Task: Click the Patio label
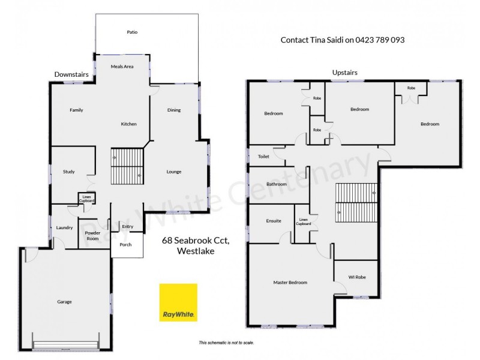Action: pos(132,32)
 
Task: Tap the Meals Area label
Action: pos(122,66)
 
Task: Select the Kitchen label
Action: pos(129,124)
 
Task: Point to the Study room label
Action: pos(69,172)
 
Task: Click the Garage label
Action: pos(65,301)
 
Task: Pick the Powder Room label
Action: pos(92,235)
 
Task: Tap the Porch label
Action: pos(126,245)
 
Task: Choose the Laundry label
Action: pos(64,227)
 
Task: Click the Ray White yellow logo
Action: pos(178,302)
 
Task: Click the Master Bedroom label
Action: pos(290,283)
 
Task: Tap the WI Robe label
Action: pos(356,277)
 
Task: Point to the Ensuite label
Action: pos(274,221)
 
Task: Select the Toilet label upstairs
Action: pos(263,157)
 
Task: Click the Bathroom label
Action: pos(277,184)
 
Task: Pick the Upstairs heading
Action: pos(345,73)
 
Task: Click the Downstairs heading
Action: pos(71,74)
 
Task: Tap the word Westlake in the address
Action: pos(196,252)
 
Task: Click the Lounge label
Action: pos(174,172)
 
